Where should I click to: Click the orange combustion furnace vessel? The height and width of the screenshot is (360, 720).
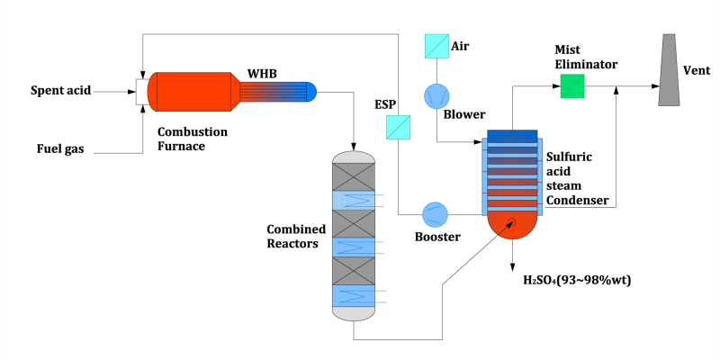pos(193,92)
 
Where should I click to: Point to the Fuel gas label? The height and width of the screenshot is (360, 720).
pos(60,148)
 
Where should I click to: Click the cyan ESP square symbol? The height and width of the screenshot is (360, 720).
pos(398,127)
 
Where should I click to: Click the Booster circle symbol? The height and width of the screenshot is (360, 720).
pos(436,214)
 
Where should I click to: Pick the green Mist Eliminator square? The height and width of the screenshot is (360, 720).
pos(571,86)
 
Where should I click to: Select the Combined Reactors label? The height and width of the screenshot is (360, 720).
pos(296,236)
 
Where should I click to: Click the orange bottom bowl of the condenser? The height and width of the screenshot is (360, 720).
pos(511,225)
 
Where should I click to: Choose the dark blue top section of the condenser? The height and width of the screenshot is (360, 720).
pos(511,136)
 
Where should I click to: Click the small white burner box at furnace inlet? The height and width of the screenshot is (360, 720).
pos(141,91)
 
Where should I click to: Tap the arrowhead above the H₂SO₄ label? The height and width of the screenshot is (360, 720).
pos(511,262)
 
